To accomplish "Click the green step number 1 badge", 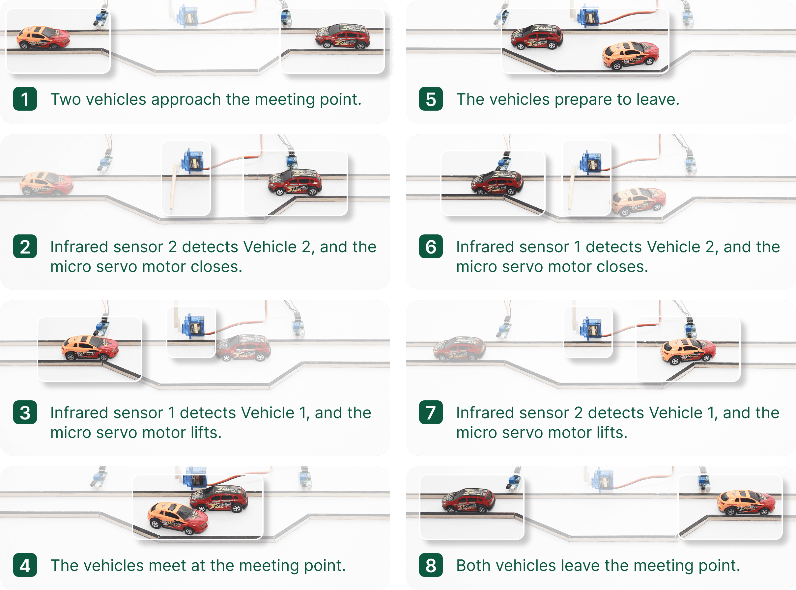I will point(25,99).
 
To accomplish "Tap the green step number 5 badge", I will point(431,99).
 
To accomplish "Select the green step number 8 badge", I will point(431,565).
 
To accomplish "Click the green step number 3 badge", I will point(25,413).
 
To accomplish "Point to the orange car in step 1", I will point(43,38).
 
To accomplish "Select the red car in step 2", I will point(295,182).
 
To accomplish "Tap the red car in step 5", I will point(536,37).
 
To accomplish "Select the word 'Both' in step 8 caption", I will point(472,565).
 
